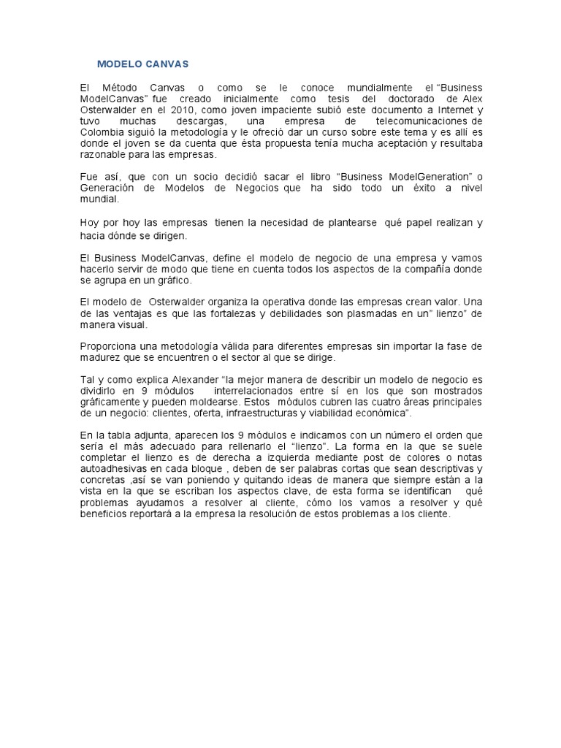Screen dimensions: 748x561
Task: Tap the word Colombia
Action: (103, 132)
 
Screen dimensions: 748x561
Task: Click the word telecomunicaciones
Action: (422, 121)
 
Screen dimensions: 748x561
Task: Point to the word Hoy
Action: (90, 223)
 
